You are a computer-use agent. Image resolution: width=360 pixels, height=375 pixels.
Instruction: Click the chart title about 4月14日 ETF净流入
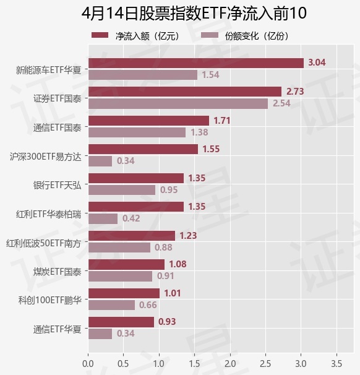pyautogui.click(x=194, y=13)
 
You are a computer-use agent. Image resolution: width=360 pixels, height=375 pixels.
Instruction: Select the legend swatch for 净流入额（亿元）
pyautogui.click(x=100, y=35)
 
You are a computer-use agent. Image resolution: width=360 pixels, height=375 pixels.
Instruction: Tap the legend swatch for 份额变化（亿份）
pyautogui.click(x=210, y=35)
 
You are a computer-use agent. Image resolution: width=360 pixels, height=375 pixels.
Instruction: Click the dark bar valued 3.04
pyautogui.click(x=196, y=63)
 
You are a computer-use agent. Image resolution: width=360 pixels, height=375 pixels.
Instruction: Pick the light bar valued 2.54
pyautogui.click(x=178, y=104)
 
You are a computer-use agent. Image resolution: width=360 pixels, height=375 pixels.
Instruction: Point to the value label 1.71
pyautogui.click(x=222, y=121)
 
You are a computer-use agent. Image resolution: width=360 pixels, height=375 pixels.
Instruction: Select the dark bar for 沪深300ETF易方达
pyautogui.click(x=143, y=149)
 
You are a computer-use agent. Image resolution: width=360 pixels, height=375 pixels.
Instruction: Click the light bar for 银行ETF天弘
pyautogui.click(x=122, y=190)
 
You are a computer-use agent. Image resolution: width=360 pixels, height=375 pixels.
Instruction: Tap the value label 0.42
pyautogui.click(x=131, y=218)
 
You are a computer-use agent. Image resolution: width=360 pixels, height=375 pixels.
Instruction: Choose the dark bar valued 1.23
pyautogui.click(x=132, y=236)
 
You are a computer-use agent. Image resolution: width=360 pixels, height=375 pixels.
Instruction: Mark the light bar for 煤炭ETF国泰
pyautogui.click(x=120, y=276)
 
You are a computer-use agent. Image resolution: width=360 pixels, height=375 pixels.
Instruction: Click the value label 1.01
pyautogui.click(x=173, y=293)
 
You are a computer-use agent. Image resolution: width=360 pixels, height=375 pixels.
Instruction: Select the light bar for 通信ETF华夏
pyautogui.click(x=100, y=334)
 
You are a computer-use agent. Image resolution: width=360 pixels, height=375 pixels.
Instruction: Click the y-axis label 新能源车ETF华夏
pyautogui.click(x=48, y=70)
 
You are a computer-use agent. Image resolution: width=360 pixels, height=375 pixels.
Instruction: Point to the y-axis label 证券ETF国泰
pyautogui.click(x=58, y=98)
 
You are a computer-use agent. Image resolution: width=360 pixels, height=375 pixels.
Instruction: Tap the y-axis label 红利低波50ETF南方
pyautogui.click(x=43, y=243)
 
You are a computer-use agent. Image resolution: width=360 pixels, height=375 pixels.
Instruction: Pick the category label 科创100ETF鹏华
pyautogui.click(x=50, y=300)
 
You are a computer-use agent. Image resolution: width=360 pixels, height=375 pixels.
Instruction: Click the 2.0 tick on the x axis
pyautogui.click(x=230, y=364)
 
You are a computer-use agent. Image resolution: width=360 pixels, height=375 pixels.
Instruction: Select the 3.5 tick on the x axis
pyautogui.click(x=336, y=364)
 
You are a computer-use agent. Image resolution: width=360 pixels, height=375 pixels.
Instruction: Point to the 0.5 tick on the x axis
pyautogui.click(x=123, y=364)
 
